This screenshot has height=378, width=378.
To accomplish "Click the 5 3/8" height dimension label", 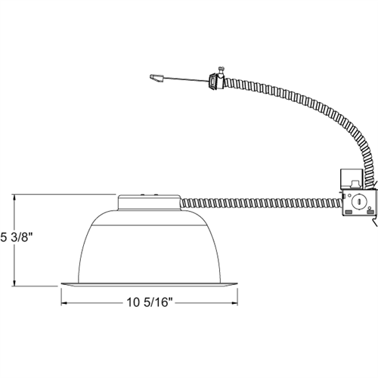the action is (17, 237).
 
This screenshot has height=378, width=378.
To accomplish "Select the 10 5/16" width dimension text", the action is (150, 302).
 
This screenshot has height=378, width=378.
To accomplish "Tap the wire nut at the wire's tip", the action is (157, 78).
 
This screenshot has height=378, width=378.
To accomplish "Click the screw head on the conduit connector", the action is (222, 68).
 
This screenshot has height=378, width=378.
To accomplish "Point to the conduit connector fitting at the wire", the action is (217, 81).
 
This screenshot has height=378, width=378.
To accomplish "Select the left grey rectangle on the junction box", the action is (349, 212).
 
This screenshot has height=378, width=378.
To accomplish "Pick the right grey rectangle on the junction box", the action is (370, 212).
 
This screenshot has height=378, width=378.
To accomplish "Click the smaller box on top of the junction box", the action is (352, 178).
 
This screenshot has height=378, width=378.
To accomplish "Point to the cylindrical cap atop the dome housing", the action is (149, 202).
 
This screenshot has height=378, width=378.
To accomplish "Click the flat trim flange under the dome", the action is (149, 284).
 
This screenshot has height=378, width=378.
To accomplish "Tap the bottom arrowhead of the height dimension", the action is (14, 283).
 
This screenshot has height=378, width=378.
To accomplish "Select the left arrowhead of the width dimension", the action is (64, 303).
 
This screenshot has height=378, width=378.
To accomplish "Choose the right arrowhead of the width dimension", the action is (234, 303).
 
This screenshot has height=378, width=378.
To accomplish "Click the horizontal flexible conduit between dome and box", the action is (262, 203).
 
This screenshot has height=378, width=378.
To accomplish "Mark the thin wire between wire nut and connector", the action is (187, 79).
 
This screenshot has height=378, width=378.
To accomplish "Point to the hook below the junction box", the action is (375, 222).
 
